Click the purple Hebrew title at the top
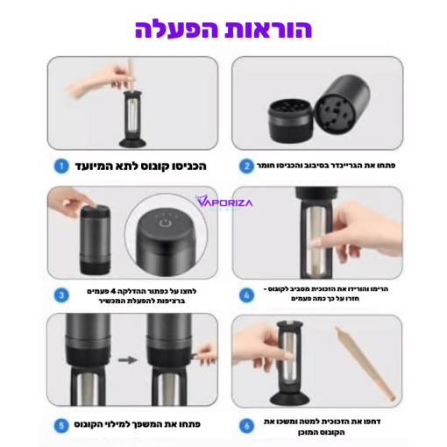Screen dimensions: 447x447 [x=223, y=28]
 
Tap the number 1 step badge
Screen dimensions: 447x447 [x=60, y=165]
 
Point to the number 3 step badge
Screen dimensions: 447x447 [x=60, y=294]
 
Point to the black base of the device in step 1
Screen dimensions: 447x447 [x=135, y=140]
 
